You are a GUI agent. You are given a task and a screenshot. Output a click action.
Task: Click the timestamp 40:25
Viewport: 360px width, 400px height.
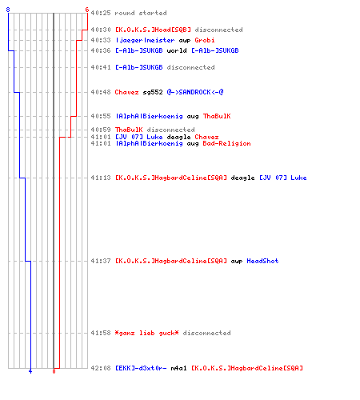point(101,13)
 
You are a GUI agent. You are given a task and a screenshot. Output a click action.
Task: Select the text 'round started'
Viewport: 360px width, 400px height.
point(141,13)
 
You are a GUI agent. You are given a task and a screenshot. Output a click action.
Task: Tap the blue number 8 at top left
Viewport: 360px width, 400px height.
point(8,10)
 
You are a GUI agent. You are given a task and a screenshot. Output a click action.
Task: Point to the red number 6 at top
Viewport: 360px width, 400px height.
point(87,10)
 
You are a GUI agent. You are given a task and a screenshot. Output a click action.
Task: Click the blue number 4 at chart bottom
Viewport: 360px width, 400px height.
point(30,371)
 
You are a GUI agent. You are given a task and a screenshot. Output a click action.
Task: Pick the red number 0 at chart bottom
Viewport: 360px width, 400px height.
point(54,371)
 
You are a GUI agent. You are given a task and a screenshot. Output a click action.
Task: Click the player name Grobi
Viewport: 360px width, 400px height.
point(205,40)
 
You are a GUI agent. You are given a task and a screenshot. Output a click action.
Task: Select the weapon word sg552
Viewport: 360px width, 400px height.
point(153,92)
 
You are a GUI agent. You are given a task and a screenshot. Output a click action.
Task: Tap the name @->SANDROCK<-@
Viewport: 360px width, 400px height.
point(195,92)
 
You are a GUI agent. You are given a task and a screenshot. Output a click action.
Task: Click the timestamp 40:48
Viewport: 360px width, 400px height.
point(101,92)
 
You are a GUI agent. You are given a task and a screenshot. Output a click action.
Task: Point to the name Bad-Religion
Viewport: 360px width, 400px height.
point(226,143)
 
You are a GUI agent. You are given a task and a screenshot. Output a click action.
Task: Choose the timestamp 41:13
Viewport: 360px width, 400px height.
point(101,178)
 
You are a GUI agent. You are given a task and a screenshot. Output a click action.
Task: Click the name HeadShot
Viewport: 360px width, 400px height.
point(262,261)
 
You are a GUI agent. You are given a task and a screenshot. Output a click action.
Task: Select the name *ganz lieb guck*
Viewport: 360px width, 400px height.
point(146,333)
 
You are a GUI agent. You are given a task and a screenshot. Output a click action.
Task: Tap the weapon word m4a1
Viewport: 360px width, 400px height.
point(178,368)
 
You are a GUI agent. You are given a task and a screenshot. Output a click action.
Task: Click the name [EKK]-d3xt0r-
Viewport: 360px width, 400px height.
point(141,368)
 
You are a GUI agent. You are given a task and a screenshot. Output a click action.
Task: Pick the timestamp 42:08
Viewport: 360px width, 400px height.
point(101,368)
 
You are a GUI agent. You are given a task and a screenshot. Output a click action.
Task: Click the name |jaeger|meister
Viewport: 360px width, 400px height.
point(145,40)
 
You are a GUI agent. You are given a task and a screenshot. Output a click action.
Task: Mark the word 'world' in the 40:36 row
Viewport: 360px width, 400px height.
point(177,50)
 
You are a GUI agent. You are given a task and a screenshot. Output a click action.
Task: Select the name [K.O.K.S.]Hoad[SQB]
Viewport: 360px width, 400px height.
point(153,30)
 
